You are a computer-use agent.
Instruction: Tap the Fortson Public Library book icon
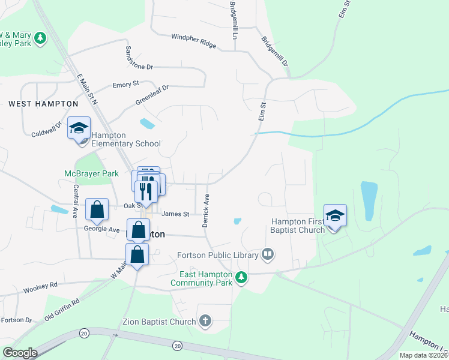coord(268,254)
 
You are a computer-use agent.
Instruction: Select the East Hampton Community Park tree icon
coord(241,277)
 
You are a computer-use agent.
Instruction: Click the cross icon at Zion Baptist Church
coord(205,322)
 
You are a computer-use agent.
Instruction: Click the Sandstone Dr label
coord(139,59)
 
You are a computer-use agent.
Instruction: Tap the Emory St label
coord(126,85)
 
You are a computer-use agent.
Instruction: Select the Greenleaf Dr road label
coord(152,95)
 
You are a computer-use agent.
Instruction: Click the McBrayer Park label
coord(92,173)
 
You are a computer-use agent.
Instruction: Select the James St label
coord(175,214)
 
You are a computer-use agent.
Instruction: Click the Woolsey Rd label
coord(40,288)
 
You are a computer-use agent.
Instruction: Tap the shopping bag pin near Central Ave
coord(97,209)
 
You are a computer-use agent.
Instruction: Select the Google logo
coord(20,353)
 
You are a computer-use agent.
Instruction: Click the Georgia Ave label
coord(102,229)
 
